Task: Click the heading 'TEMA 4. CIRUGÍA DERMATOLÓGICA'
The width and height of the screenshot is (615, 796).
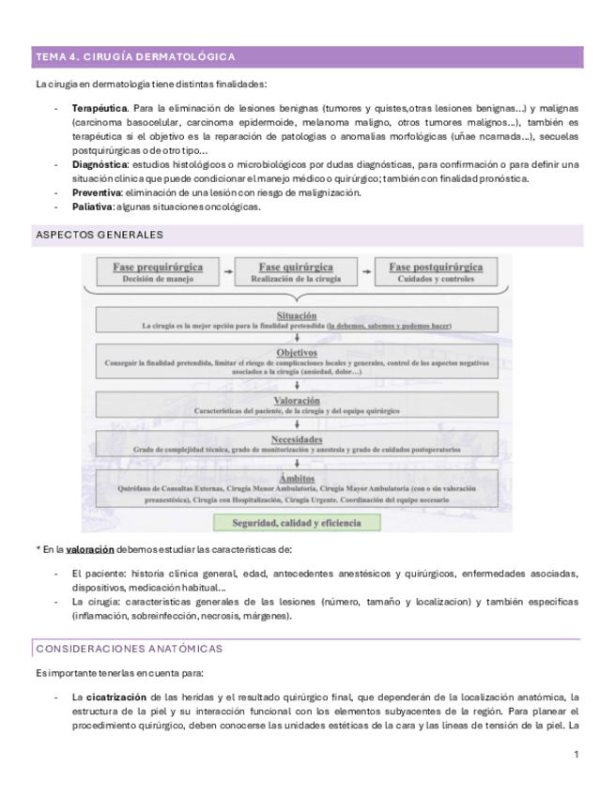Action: [135, 57]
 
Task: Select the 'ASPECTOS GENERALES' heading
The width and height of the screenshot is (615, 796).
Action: [100, 234]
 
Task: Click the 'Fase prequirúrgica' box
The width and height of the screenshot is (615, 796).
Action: [157, 271]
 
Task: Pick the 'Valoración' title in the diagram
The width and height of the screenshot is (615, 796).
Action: [297, 400]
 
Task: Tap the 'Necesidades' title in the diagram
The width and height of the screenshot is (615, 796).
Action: [297, 438]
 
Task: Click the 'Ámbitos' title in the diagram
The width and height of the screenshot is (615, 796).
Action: [297, 478]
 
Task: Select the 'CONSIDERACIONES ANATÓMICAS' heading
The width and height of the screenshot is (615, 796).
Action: [128, 649]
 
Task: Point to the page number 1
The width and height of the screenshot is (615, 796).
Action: [574, 755]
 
